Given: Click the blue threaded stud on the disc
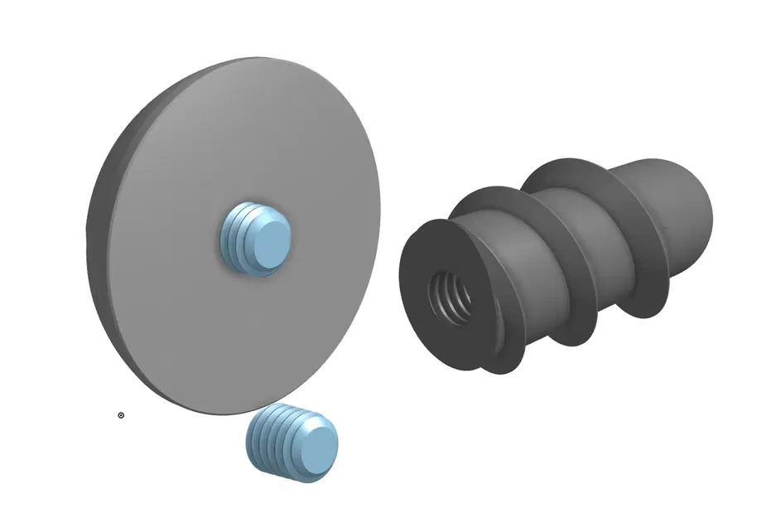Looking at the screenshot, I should coord(257,238).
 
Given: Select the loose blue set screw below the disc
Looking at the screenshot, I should coord(292,443).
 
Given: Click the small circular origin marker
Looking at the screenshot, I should coord(121,415).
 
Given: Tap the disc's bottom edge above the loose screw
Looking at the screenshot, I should coord(248,409).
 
